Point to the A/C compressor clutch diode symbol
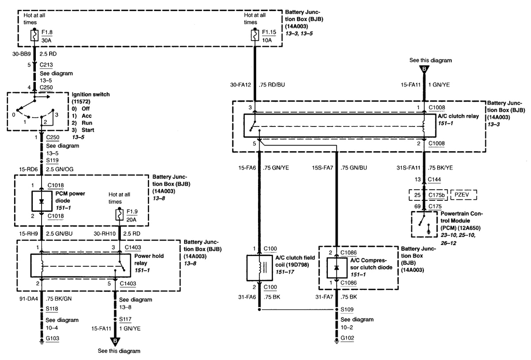(x=336, y=268)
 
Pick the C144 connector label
(x=435, y=180)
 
